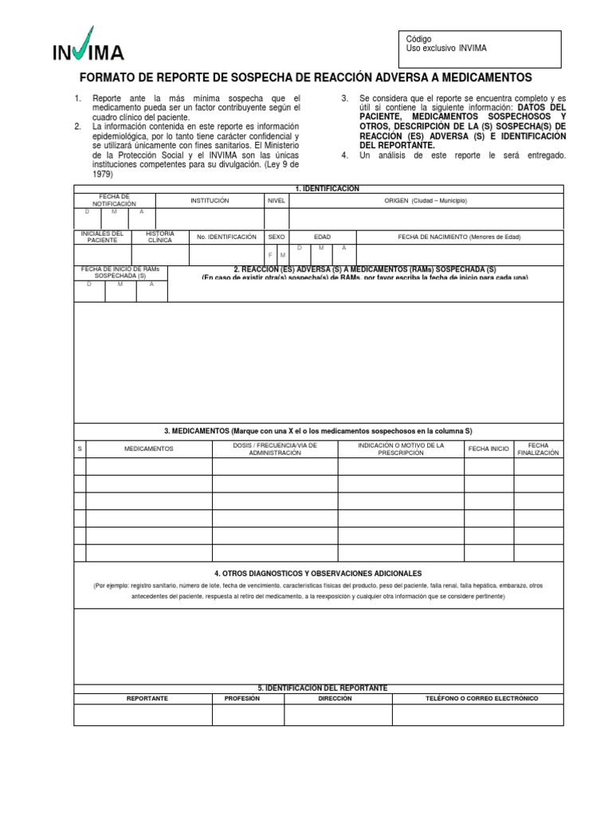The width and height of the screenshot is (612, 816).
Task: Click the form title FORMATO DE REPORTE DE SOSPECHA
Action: pos(305,77)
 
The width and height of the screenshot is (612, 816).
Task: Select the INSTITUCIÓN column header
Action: pos(210,201)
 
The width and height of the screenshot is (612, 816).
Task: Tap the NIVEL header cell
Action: pos(276,201)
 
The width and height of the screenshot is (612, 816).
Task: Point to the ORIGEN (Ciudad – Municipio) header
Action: pos(426,201)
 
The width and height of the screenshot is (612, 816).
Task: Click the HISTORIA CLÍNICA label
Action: pos(160,237)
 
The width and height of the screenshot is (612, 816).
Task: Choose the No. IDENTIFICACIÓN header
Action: pos(226,237)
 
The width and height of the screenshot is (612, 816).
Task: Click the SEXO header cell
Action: pos(276,237)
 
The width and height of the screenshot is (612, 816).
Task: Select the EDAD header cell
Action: pos(322,237)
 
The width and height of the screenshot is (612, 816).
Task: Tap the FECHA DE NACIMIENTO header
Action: pos(459,237)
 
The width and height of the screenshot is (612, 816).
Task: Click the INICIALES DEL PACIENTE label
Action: pos(103,237)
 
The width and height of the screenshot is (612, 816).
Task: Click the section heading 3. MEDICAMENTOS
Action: pos(319,430)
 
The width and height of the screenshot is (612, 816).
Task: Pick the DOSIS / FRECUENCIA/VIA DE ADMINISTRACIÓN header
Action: pos(275,449)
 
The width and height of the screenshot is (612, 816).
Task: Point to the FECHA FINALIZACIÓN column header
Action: pos(538,449)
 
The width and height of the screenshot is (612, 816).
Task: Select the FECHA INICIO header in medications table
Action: pos(488,449)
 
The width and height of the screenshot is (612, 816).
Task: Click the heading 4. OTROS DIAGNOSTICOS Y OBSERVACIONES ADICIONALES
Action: pos(318,573)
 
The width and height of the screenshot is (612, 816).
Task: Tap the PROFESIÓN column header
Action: pos(242,698)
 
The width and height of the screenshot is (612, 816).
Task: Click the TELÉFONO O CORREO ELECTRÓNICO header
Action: pos(482,698)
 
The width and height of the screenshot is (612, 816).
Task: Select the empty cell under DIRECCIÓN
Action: pos(334,715)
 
